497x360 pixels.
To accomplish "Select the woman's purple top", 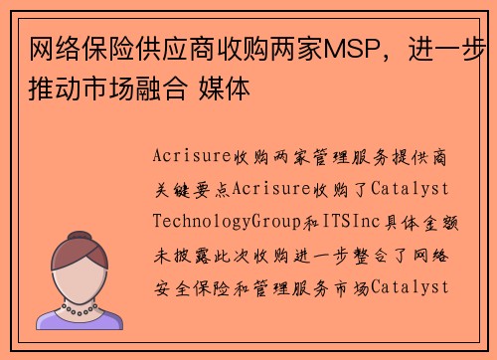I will tap(81, 318).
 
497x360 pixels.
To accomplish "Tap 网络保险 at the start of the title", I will tap(71, 47).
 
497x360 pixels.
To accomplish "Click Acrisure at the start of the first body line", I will tap(193, 156).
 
